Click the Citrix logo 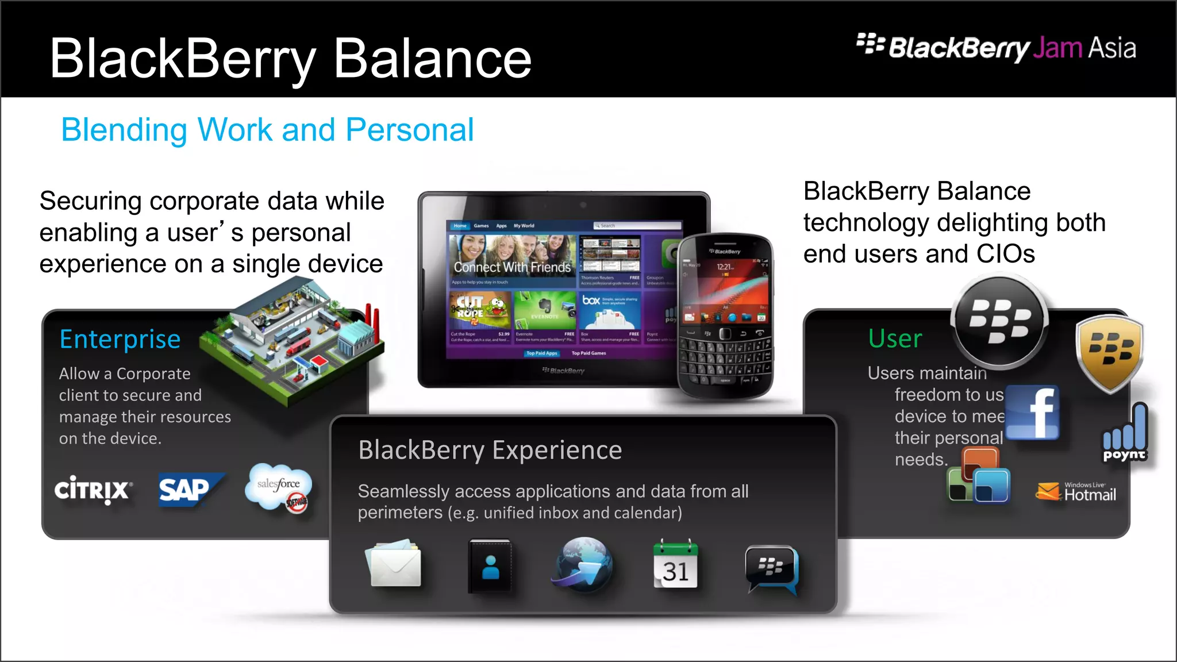[93, 490]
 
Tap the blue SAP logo [186, 490]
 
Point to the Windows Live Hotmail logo [1077, 492]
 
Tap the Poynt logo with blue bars [1124, 434]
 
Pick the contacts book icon [490, 565]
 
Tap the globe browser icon [583, 564]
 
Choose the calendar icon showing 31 [675, 565]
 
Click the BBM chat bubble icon [772, 568]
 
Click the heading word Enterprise [120, 339]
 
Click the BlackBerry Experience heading [490, 450]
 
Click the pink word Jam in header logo [1057, 48]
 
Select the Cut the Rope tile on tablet [480, 310]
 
